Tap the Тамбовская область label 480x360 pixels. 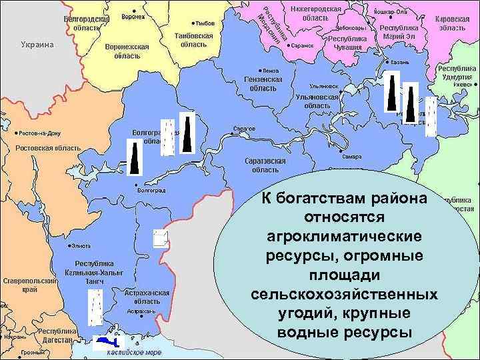point(193,40)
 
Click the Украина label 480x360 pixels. point(33,45)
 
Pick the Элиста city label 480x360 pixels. point(81,247)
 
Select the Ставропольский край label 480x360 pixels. point(27,285)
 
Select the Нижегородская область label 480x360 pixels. point(316,13)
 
